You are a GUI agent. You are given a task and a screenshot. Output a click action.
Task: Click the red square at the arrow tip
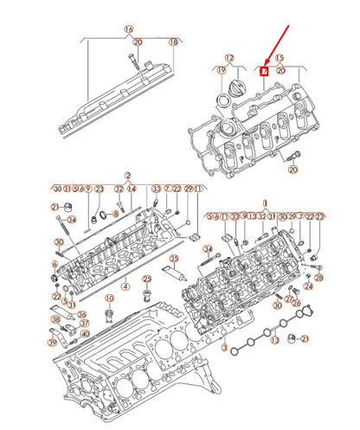266,70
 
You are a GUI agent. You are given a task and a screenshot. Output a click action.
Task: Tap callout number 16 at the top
128,29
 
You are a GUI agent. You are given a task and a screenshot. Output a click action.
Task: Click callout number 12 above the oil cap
229,57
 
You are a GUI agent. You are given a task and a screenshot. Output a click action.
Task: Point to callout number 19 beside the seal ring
221,70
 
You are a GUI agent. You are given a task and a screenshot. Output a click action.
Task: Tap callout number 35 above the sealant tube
174,259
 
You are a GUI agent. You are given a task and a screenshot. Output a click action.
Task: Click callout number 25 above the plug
146,278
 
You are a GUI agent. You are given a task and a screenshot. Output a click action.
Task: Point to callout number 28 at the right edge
318,279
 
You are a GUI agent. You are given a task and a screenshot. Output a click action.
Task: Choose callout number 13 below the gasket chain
274,341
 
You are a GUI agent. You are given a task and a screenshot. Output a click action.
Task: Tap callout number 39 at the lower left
53,343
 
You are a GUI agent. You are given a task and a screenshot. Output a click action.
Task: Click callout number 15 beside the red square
279,57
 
